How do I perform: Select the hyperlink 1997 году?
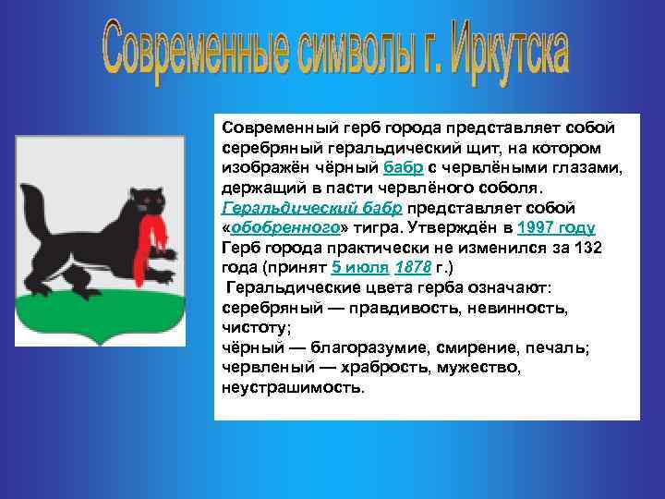pyautogui.click(x=556, y=227)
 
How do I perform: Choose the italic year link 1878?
pyautogui.click(x=411, y=267)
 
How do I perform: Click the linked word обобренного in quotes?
pyautogui.click(x=276, y=227)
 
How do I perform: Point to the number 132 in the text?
pyautogui.click(x=589, y=248)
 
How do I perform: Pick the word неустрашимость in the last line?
pyautogui.click(x=292, y=387)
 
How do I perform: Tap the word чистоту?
pyautogui.click(x=254, y=327)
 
